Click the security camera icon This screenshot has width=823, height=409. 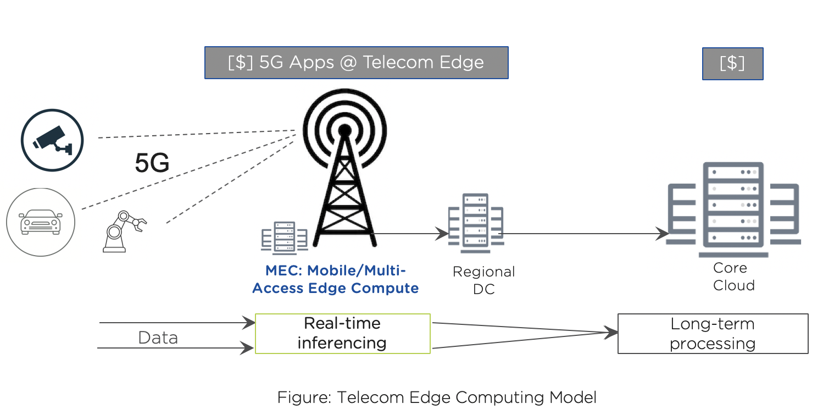click(52, 140)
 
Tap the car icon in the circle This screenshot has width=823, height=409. click(41, 222)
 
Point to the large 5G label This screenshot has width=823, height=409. click(152, 163)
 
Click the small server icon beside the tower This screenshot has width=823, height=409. click(284, 237)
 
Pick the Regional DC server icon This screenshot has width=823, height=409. click(476, 223)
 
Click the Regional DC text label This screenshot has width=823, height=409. click(483, 280)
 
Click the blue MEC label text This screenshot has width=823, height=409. click(336, 279)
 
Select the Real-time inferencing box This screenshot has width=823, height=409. click(342, 333)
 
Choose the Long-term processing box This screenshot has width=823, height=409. click(713, 334)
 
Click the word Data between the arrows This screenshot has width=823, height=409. click(158, 338)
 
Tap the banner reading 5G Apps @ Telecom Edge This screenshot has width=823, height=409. click(356, 63)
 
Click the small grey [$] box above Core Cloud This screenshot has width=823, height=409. click(732, 64)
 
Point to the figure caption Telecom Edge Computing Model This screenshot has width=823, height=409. click(437, 397)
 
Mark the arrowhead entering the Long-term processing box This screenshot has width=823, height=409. click(612, 333)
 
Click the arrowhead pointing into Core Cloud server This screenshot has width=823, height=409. click(664, 234)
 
